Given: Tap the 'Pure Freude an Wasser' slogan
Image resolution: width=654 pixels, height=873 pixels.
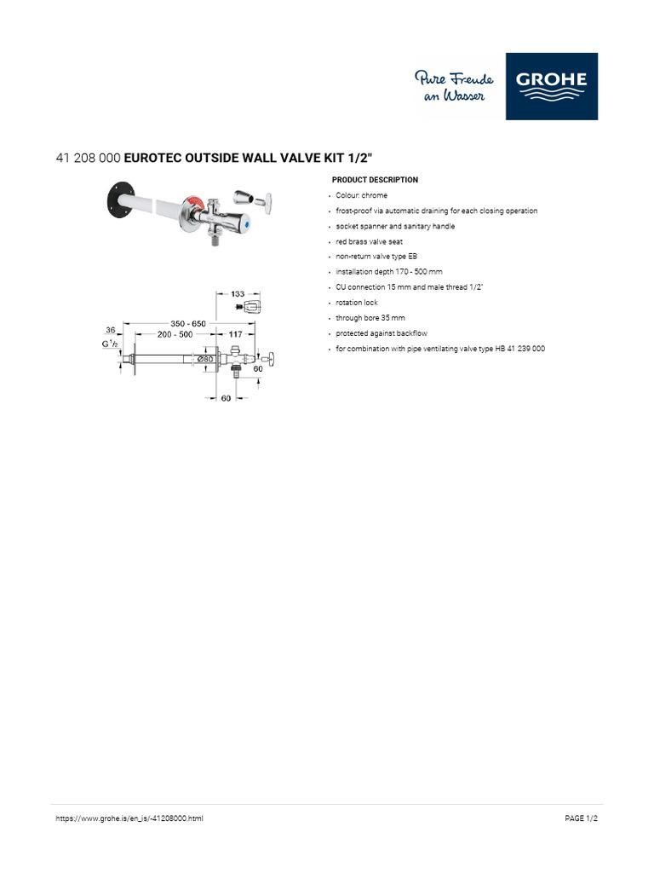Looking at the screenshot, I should tap(454, 87).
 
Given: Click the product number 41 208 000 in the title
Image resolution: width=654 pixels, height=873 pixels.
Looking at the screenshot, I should tap(88, 158).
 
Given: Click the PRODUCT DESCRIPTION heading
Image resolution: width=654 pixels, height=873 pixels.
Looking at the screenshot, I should tap(375, 180).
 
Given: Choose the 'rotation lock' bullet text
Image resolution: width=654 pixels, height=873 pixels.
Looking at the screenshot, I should tap(356, 303).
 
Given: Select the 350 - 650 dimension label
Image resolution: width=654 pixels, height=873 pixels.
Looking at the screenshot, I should tap(188, 324).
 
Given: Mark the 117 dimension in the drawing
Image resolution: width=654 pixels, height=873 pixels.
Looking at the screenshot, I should tap(236, 335).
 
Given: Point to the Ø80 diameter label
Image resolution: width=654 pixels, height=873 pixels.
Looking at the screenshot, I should tap(205, 359).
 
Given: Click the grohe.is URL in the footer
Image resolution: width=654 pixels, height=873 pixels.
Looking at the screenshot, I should tap(129, 818).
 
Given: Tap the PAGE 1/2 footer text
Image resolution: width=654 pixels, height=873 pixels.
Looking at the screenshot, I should tap(582, 818).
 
